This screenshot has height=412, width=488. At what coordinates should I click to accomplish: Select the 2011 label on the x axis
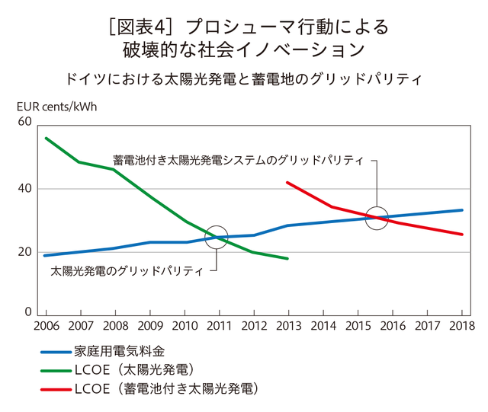pyautogui.click(x=220, y=326)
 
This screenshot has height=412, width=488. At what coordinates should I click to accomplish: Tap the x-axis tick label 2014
pyautogui.click(x=323, y=326)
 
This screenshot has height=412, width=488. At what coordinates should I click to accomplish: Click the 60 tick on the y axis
pyautogui.click(x=24, y=122)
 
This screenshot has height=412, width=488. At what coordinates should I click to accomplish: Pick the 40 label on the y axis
pyautogui.click(x=24, y=187)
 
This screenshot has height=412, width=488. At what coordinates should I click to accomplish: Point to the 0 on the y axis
pyautogui.click(x=29, y=312)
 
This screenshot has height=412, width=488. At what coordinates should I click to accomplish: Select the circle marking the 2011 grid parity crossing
pyautogui.click(x=217, y=238)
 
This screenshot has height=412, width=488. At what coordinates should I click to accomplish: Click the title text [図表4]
pyautogui.click(x=137, y=28)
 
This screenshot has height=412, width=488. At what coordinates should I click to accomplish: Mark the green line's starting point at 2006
pyautogui.click(x=46, y=138)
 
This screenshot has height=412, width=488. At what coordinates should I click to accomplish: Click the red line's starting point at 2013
pyautogui.click(x=287, y=182)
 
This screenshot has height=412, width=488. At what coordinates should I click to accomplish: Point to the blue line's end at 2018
pyautogui.click(x=462, y=210)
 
